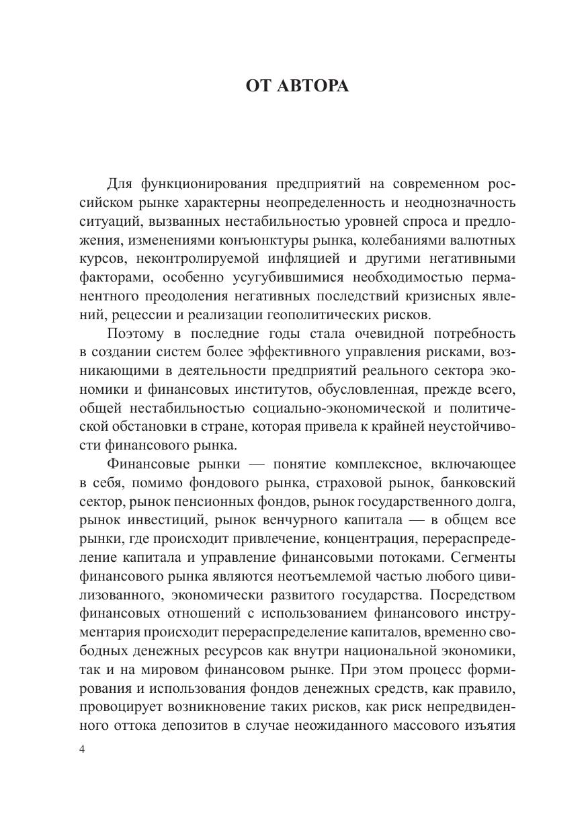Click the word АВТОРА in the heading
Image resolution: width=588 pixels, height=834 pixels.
point(314,86)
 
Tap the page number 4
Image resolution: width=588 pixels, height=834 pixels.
point(82,750)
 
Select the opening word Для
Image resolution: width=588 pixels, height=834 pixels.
point(120,184)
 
